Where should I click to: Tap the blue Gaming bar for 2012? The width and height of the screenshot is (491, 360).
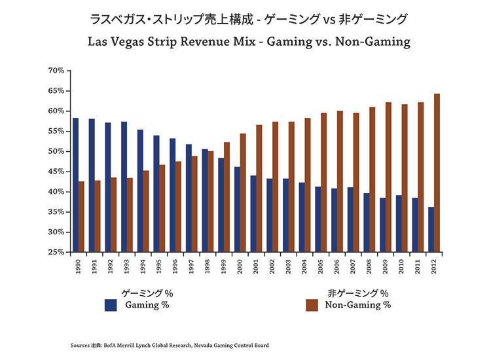430,229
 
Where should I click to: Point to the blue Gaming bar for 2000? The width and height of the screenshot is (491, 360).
236,209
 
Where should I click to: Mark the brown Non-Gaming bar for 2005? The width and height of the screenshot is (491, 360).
324,183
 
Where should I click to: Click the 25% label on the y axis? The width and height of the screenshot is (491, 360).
55,252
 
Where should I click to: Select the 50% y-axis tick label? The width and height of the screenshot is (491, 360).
55,151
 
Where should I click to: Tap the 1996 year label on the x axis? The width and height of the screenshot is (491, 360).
175,264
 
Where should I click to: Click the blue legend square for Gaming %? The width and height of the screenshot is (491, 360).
111,304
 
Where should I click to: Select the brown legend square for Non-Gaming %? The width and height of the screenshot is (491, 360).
312,304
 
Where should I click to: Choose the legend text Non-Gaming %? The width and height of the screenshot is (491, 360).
358,304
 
